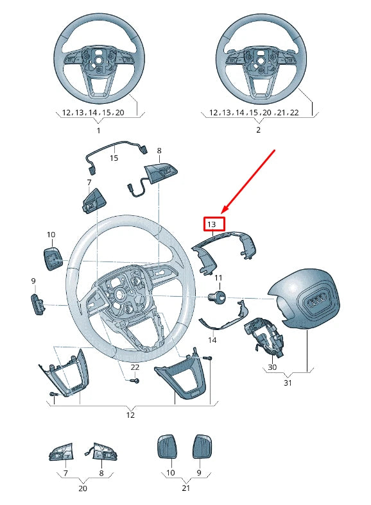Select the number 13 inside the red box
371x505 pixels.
[212, 224]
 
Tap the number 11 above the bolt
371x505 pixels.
[218, 278]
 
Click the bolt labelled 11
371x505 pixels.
[217, 297]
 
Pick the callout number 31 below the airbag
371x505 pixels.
[288, 383]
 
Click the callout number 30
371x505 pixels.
[272, 367]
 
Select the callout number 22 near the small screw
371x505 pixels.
[135, 367]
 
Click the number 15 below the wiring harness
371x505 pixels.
[114, 158]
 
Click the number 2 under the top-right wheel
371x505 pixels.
[258, 130]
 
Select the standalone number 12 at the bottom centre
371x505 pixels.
[130, 415]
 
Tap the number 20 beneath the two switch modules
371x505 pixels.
[83, 488]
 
